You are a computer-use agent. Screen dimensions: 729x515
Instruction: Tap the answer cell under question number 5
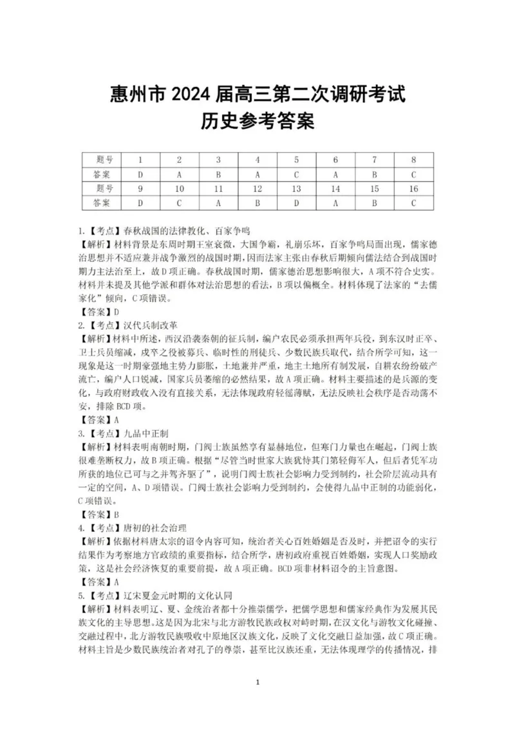(x=296, y=175)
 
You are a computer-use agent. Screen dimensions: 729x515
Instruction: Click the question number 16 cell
(x=413, y=189)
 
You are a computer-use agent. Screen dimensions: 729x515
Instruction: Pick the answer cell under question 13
(x=296, y=203)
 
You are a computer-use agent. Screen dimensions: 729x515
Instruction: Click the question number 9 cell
(x=140, y=189)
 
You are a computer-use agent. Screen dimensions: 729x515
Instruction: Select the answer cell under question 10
(x=179, y=203)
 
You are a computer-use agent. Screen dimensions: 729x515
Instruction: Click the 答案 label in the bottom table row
(x=101, y=203)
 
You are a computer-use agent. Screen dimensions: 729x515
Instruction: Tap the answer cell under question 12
(x=257, y=203)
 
